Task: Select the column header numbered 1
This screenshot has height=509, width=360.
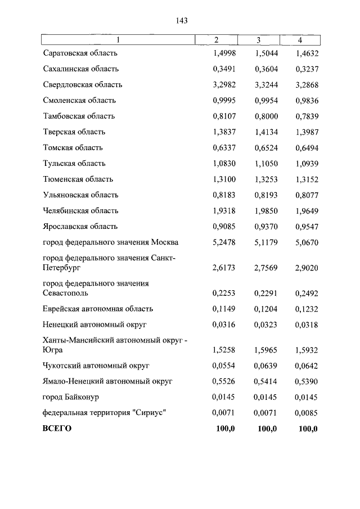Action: click(x=118, y=40)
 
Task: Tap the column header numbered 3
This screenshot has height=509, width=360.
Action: click(x=258, y=40)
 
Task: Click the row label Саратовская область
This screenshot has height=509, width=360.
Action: click(x=80, y=53)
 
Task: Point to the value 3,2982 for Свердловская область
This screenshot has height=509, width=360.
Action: click(x=224, y=85)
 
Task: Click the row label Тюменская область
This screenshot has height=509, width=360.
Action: click(x=78, y=179)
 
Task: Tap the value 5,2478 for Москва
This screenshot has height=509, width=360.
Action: click(x=224, y=242)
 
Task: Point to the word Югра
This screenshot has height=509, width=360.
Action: click(x=53, y=350)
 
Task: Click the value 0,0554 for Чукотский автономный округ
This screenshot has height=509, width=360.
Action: click(x=224, y=366)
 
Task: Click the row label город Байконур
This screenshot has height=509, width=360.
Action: click(x=71, y=397)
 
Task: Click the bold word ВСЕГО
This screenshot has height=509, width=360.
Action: click(x=57, y=429)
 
